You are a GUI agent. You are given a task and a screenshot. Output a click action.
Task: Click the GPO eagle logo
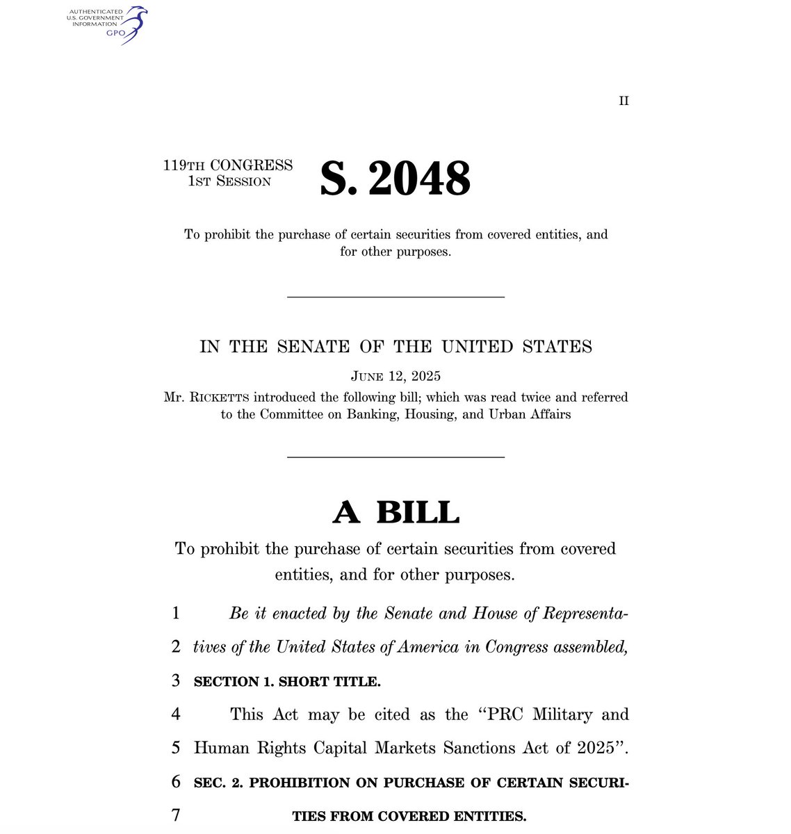click(134, 24)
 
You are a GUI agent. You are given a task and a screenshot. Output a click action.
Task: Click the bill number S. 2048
click(395, 178)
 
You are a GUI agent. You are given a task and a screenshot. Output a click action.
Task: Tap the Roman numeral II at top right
click(623, 101)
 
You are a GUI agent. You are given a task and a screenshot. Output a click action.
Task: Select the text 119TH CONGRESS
click(228, 165)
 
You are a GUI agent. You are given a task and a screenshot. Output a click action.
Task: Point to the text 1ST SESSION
click(229, 181)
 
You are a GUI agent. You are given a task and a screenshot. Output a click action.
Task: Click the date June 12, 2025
click(395, 377)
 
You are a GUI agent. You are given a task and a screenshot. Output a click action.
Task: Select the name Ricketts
click(215, 398)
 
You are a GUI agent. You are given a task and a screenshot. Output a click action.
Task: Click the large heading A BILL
click(395, 512)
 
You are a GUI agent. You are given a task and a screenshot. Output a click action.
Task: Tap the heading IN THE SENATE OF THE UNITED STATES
click(395, 346)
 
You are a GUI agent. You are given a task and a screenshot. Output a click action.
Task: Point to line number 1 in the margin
click(176, 613)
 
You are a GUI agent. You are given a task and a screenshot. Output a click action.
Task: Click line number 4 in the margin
click(176, 714)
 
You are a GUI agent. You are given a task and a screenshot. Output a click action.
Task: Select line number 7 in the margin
click(176, 815)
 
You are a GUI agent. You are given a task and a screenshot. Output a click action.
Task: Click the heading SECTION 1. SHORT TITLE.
click(287, 682)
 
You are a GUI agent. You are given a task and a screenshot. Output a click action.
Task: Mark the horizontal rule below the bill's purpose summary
click(395, 297)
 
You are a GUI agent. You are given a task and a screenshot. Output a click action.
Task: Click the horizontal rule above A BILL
click(395, 457)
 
